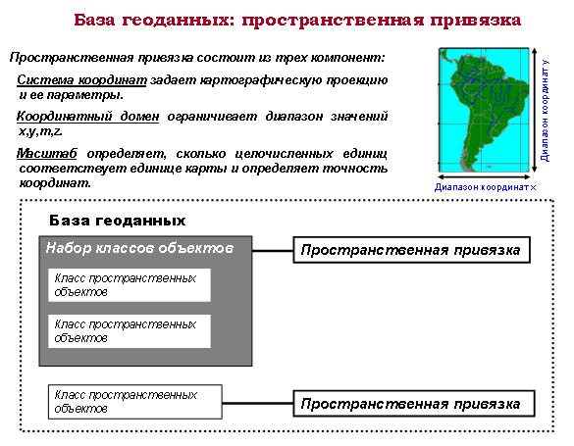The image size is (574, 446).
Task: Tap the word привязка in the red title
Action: tap(476, 21)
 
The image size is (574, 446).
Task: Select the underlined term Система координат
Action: tap(81, 80)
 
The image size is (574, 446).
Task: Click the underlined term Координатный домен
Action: tap(88, 117)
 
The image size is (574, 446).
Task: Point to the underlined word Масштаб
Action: tap(47, 154)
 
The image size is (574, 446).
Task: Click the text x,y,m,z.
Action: tap(40, 131)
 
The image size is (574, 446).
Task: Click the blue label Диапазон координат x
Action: tap(486, 187)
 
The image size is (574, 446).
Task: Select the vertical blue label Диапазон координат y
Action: tap(546, 111)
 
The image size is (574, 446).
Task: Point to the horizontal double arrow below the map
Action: tap(484, 177)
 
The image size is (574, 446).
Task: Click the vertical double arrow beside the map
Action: tap(535, 110)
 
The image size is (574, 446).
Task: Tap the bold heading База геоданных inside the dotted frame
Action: tap(117, 221)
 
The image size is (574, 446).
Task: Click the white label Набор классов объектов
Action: tap(139, 248)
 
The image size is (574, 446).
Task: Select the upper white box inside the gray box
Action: tap(130, 285)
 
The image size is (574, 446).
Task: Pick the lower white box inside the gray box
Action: tap(130, 331)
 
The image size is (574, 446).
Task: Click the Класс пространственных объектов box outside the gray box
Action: tap(135, 402)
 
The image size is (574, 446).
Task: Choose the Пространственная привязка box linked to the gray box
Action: tap(412, 250)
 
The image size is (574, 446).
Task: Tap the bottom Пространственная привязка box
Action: tap(414, 404)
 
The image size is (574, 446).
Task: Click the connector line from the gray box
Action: tap(273, 251)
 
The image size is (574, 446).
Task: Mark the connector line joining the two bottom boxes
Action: tap(258, 403)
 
